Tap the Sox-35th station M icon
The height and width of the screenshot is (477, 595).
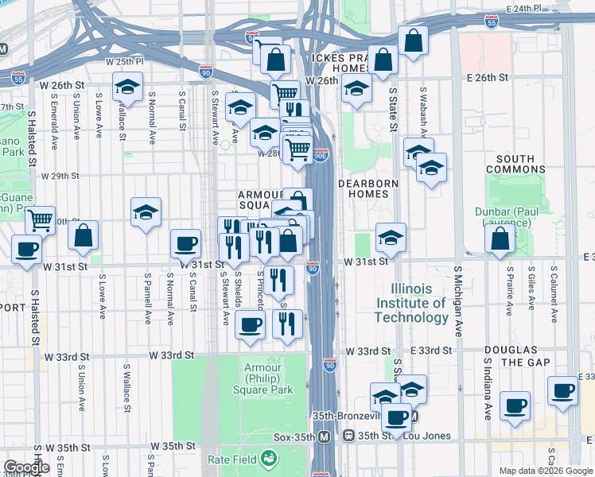(x=324, y=436)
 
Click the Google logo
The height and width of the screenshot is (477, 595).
(x=26, y=467)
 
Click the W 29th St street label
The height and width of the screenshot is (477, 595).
(x=60, y=175)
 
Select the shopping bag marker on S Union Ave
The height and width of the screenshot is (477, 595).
(x=84, y=235)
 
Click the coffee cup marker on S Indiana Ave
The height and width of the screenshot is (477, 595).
(x=514, y=405)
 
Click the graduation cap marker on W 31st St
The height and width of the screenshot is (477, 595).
(x=391, y=237)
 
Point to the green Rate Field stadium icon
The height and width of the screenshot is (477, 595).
(x=270, y=458)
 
